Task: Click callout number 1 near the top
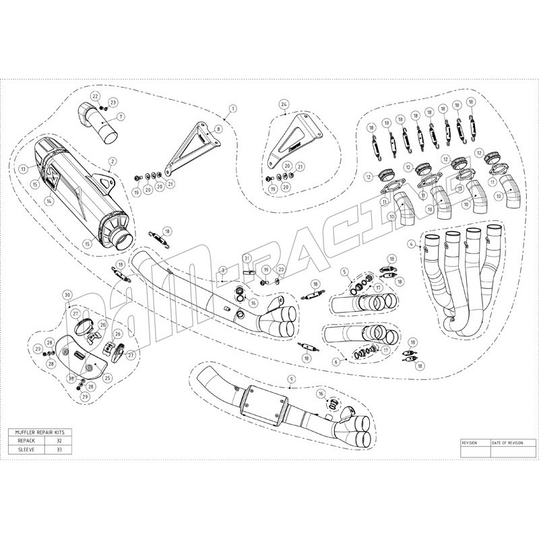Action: [x=232, y=107]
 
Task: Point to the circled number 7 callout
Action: [x=121, y=116]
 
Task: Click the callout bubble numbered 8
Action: [x=218, y=127]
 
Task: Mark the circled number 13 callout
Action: [x=23, y=168]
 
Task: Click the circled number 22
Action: [x=96, y=96]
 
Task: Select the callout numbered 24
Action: [x=284, y=104]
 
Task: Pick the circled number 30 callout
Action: [x=67, y=295]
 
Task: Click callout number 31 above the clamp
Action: [x=247, y=259]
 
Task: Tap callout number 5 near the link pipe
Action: [x=344, y=272]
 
